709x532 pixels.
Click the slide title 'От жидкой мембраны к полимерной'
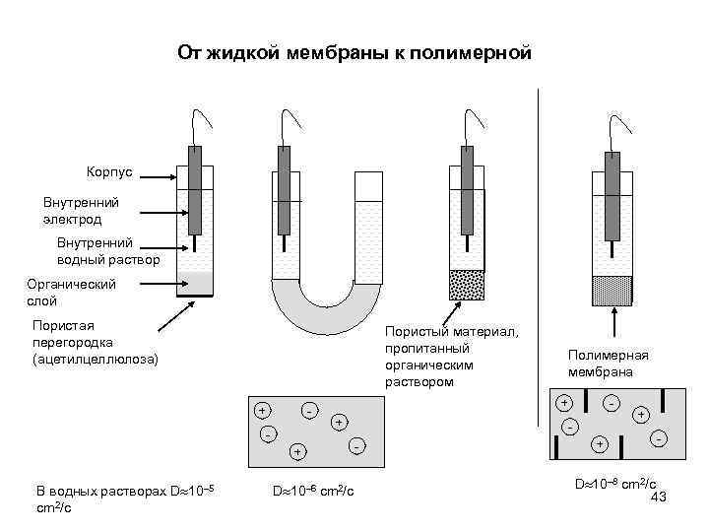coord(354,52)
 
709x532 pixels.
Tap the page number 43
coord(660,498)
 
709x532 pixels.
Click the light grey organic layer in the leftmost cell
coord(195,284)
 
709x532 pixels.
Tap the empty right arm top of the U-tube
coord(367,187)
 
